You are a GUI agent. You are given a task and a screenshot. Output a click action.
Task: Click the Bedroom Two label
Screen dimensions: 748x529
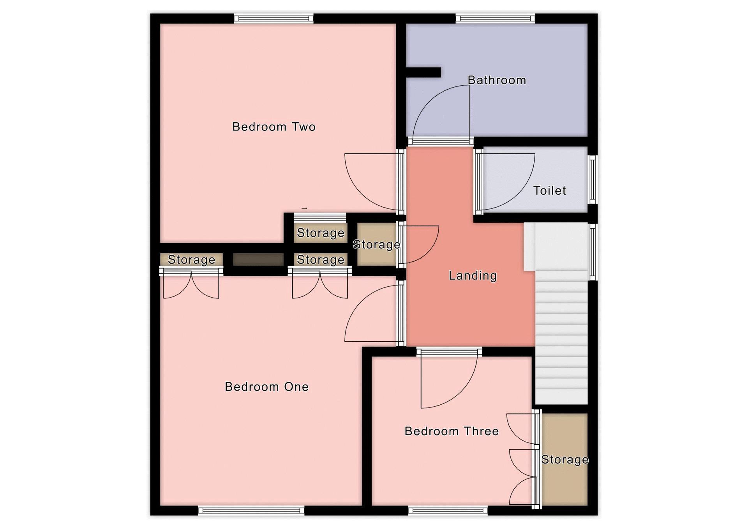[273, 127]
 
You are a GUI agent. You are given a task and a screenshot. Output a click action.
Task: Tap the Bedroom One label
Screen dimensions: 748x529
[267, 386]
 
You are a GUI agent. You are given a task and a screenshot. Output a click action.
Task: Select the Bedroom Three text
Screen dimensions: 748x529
[452, 431]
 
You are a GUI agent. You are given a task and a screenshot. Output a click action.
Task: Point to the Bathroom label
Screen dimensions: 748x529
[497, 80]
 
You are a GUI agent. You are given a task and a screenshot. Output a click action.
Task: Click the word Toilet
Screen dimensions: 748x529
[549, 190]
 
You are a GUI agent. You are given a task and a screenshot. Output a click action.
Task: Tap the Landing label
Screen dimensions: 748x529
[473, 275]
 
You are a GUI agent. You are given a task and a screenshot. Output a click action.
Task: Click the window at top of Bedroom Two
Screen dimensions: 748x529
[273, 18]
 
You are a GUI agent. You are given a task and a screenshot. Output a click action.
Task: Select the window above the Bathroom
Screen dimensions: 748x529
[495, 18]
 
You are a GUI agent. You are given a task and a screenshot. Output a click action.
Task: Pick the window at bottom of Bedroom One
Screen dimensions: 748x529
[251, 510]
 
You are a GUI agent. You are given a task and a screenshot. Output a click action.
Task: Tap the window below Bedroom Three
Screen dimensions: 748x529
[448, 510]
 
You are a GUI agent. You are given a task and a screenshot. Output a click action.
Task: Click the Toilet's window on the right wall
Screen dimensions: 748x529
[593, 180]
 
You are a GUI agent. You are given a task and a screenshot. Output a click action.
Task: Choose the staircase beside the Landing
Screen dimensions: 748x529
[561, 314]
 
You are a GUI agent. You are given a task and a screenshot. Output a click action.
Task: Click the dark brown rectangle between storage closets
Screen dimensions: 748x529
[258, 259]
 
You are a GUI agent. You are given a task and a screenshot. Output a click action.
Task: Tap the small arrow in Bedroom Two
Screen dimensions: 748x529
[304, 208]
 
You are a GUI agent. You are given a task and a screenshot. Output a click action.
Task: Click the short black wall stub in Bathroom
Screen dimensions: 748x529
[423, 72]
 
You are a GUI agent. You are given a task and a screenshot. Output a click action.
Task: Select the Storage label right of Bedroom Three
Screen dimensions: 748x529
[565, 460]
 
